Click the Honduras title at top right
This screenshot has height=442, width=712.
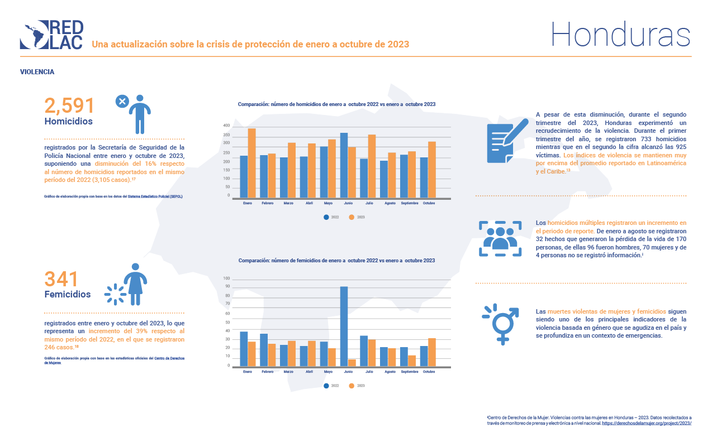pyautogui.click(x=620, y=34)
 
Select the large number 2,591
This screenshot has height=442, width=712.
pyautogui.click(x=69, y=105)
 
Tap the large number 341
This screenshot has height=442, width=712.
pyautogui.click(x=61, y=279)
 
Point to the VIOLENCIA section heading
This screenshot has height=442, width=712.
pyautogui.click(x=37, y=72)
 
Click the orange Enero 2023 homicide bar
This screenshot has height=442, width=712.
pyautogui.click(x=252, y=163)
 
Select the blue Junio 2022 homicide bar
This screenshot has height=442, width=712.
pyautogui.click(x=344, y=165)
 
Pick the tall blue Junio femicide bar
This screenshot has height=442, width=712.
pyautogui.click(x=344, y=326)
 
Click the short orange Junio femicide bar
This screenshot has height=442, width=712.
pyautogui.click(x=352, y=363)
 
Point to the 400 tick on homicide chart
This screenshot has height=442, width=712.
pyautogui.click(x=227, y=126)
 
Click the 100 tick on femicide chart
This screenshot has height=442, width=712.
pyautogui.click(x=227, y=278)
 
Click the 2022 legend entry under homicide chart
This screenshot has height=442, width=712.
pyautogui.click(x=331, y=217)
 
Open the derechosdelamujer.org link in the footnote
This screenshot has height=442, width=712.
pyautogui.click(x=647, y=424)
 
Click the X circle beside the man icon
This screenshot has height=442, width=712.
pyautogui.click(x=122, y=101)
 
